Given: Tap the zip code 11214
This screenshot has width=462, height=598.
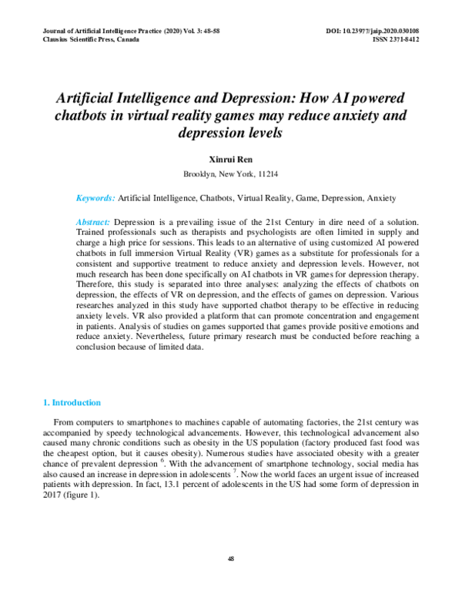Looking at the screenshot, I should [x=268, y=174].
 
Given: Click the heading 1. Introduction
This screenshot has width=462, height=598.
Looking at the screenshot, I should [x=71, y=403].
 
